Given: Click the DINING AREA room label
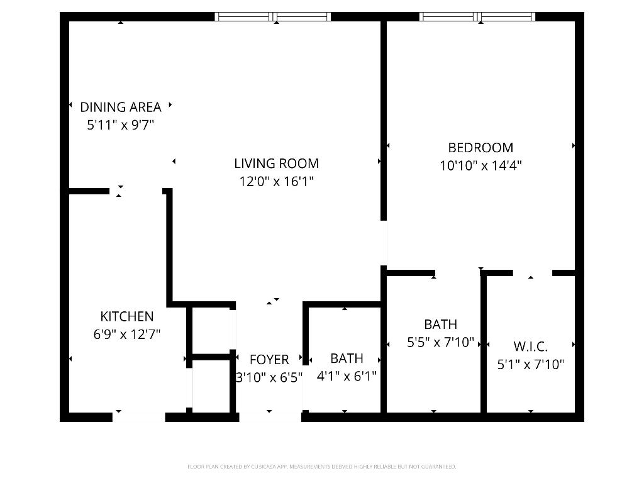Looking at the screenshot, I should pyautogui.click(x=120, y=107).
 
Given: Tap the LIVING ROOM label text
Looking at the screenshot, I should pyautogui.click(x=276, y=164).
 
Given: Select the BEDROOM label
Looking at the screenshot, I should pyautogui.click(x=480, y=148).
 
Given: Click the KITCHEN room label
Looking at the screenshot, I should pyautogui.click(x=126, y=316).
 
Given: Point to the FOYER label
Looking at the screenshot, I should pyautogui.click(x=269, y=360).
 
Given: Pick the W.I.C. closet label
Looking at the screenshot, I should pyautogui.click(x=530, y=347).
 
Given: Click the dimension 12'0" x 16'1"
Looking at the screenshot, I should pyautogui.click(x=276, y=182).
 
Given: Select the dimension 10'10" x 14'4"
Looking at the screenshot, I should pyautogui.click(x=480, y=166).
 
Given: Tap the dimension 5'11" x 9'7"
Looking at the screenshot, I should pyautogui.click(x=120, y=125).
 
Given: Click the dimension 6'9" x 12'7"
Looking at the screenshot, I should pyautogui.click(x=126, y=335).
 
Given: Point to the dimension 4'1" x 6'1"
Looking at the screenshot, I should pyautogui.click(x=347, y=376).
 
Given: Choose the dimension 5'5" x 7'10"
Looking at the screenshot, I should pyautogui.click(x=440, y=343).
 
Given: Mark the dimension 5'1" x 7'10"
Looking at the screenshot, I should pyautogui.click(x=530, y=364).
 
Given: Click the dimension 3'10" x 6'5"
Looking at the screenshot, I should pyautogui.click(x=269, y=377).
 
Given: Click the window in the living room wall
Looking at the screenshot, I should pyautogui.click(x=272, y=17).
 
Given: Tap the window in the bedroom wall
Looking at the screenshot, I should pyautogui.click(x=477, y=17).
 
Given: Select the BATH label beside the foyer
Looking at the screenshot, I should pyautogui.click(x=347, y=358).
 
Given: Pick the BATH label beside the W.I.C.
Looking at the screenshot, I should pyautogui.click(x=440, y=325).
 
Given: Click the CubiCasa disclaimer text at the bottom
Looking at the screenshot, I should pyautogui.click(x=321, y=467).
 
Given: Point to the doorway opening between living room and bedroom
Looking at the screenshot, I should pyautogui.click(x=384, y=243).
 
